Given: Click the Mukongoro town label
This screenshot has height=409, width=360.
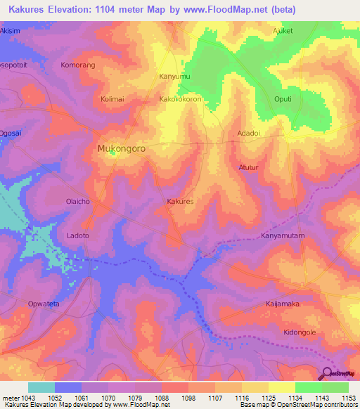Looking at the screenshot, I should coord(120,149).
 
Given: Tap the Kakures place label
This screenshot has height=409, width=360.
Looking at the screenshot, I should coord(180,202).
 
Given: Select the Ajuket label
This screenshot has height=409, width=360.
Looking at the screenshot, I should coord(282,32).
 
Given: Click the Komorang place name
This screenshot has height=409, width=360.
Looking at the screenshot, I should coord(78,64).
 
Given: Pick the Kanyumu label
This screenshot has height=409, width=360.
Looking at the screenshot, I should coord(175,76).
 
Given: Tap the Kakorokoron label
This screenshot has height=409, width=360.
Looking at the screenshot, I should coord(181,100).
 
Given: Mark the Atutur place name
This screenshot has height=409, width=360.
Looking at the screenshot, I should coord(250,167).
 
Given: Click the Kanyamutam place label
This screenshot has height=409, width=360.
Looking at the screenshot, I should coord(283,236).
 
